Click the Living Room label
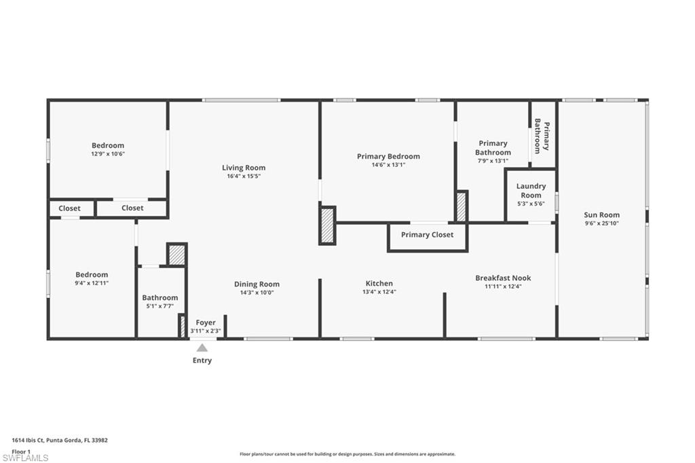tap(244, 168)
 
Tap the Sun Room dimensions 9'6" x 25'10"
tap(601, 223)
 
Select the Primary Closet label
tap(426, 235)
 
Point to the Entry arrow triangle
tap(202, 348)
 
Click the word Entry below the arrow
tap(202, 360)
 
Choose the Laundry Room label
tap(531, 191)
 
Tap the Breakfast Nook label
tap(503, 278)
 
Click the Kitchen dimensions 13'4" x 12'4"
tap(379, 292)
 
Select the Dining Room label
tap(257, 284)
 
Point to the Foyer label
tap(205, 322)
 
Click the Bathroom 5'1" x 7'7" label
tap(159, 297)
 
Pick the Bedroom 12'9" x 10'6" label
tap(108, 145)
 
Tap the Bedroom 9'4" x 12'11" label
tap(91, 274)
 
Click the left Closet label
tap(69, 208)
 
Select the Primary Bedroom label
tap(388, 156)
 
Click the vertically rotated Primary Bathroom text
tap(542, 134)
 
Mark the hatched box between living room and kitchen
tap(327, 225)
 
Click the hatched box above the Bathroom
tap(176, 255)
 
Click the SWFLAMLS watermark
tap(25, 458)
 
